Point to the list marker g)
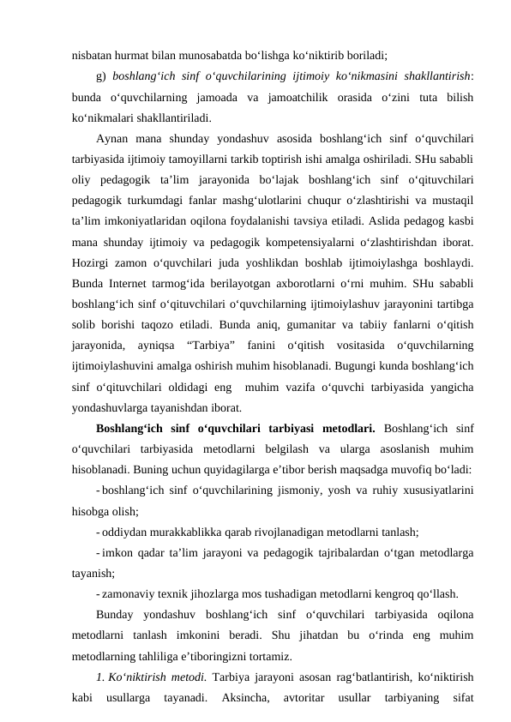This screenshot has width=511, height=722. tap(102, 74)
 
